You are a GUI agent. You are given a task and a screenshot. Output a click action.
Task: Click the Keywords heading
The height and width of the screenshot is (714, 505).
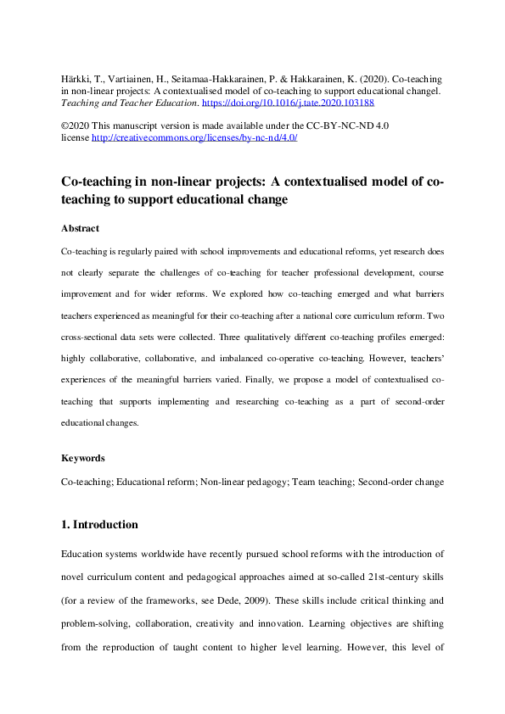coord(83,458)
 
